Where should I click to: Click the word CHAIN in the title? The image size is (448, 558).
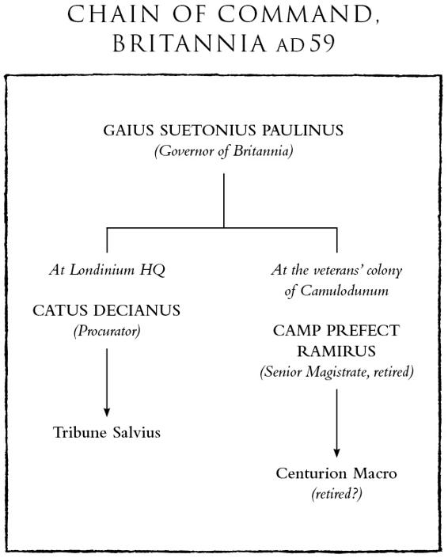click(x=113, y=14)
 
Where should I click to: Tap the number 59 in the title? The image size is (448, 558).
click(x=322, y=44)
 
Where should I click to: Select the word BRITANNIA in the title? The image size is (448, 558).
click(x=190, y=44)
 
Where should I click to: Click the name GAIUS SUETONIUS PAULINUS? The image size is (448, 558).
click(x=223, y=131)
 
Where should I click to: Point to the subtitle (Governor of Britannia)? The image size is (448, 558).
click(x=224, y=151)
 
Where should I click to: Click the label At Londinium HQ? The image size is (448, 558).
click(x=107, y=270)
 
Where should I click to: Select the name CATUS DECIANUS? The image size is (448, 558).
click(x=106, y=310)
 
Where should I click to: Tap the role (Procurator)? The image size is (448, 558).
click(x=107, y=332)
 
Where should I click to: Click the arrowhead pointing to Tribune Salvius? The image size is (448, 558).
click(x=106, y=412)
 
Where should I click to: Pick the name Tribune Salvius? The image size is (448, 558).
click(x=107, y=433)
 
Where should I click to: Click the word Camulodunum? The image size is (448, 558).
click(x=344, y=290)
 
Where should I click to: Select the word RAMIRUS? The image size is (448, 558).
click(x=336, y=351)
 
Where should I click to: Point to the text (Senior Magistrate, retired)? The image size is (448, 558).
click(x=336, y=372)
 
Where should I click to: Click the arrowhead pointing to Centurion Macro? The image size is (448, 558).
click(x=336, y=453)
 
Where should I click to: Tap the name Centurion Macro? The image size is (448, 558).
click(x=336, y=473)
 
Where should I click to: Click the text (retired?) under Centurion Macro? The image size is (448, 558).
click(x=336, y=494)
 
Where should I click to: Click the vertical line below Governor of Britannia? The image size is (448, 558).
click(x=224, y=200)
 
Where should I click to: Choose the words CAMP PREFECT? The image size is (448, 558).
click(x=336, y=331)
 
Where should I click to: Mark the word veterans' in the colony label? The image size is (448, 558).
click(x=337, y=270)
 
